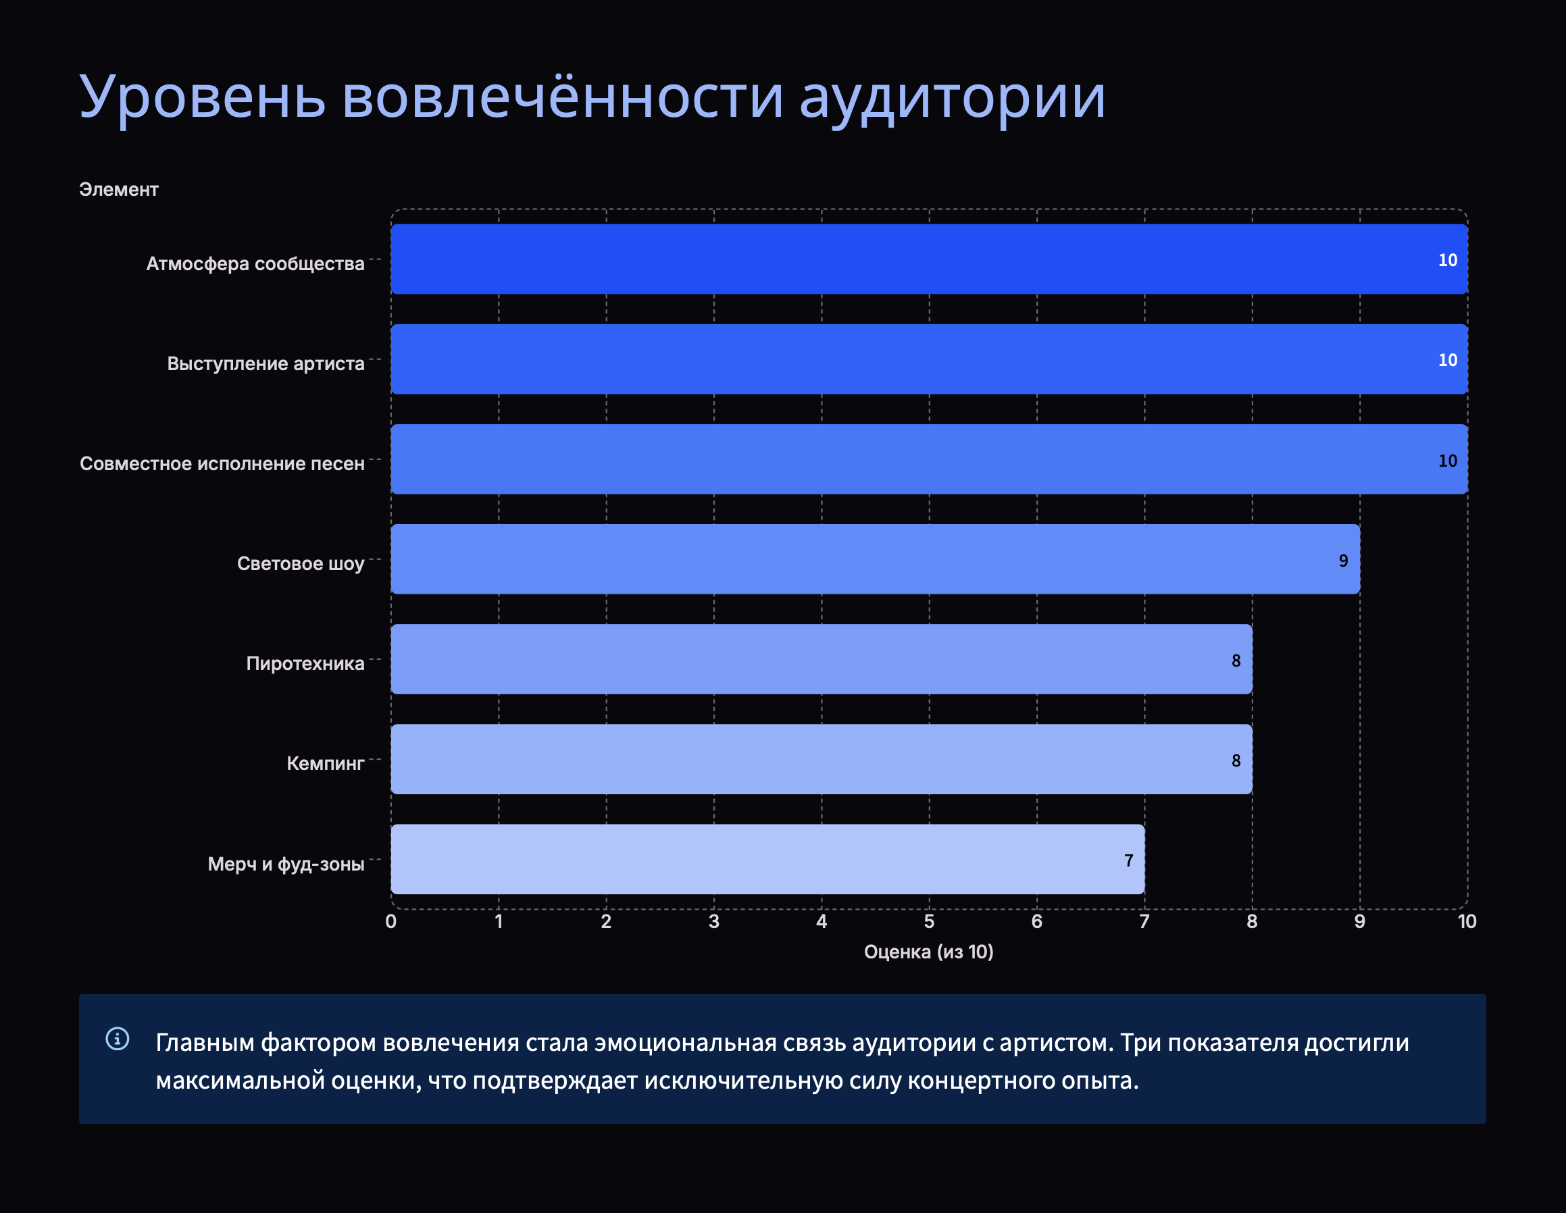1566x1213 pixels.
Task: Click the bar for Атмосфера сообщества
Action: pyautogui.click(x=930, y=259)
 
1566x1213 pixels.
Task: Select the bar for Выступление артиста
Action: pyautogui.click(x=930, y=359)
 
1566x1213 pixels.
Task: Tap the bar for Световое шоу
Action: pyautogui.click(x=876, y=559)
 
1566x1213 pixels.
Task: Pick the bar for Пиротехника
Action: pyautogui.click(x=822, y=659)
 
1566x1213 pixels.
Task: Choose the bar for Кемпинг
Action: pyautogui.click(x=822, y=759)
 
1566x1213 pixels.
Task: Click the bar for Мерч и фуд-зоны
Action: pyautogui.click(x=768, y=859)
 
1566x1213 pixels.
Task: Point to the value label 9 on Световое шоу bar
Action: pyautogui.click(x=1344, y=561)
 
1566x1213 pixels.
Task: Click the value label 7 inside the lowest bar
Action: pyautogui.click(x=1129, y=860)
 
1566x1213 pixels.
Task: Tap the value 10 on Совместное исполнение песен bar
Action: pyautogui.click(x=1448, y=460)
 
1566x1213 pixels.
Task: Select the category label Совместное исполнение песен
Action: pyautogui.click(x=222, y=464)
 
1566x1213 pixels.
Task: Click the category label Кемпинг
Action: pyautogui.click(x=326, y=763)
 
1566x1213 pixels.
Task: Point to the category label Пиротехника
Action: pyautogui.click(x=305, y=663)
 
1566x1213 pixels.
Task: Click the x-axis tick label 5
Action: pyautogui.click(x=930, y=921)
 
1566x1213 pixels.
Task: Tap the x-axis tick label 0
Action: pyautogui.click(x=390, y=921)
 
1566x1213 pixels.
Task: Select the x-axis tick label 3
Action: pyautogui.click(x=714, y=921)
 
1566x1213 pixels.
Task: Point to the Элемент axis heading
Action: pyautogui.click(x=118, y=189)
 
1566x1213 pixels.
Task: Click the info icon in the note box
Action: pyautogui.click(x=118, y=1038)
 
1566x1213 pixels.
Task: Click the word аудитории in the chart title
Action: pyautogui.click(x=952, y=97)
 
